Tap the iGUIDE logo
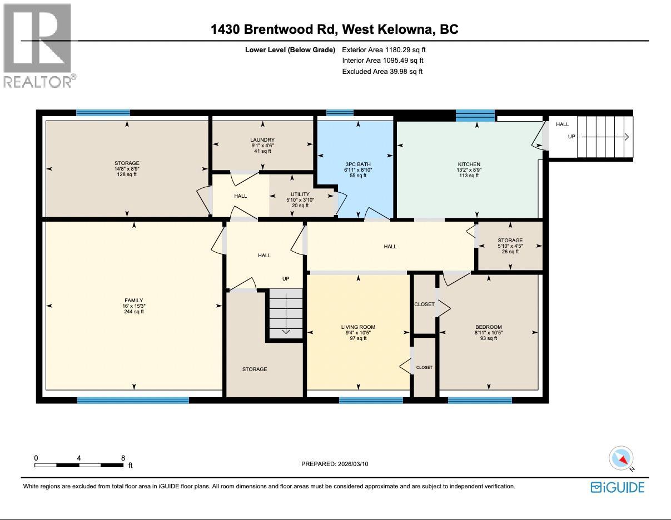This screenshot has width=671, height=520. click(617, 487)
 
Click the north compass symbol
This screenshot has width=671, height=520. click(621, 459)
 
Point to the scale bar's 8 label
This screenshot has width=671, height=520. click(123, 458)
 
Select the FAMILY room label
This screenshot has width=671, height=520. click(134, 301)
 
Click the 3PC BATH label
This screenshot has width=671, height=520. click(357, 164)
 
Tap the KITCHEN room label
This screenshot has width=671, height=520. click(469, 164)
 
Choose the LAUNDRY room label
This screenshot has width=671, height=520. click(262, 140)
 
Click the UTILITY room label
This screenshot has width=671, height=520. click(300, 194)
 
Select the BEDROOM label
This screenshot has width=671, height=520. click(488, 327)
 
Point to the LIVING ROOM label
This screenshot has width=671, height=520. click(358, 327)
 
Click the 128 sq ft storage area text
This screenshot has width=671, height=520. click(127, 174)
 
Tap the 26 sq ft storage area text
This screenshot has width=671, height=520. click(510, 252)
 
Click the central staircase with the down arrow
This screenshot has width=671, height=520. click(286, 314)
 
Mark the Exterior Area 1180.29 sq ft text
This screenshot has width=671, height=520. click(384, 49)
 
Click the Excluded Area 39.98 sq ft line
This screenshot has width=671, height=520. click(382, 71)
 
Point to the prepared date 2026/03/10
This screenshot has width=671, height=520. click(335, 464)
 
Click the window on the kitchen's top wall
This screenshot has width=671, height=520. click(475, 116)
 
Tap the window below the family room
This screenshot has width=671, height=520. click(133, 400)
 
